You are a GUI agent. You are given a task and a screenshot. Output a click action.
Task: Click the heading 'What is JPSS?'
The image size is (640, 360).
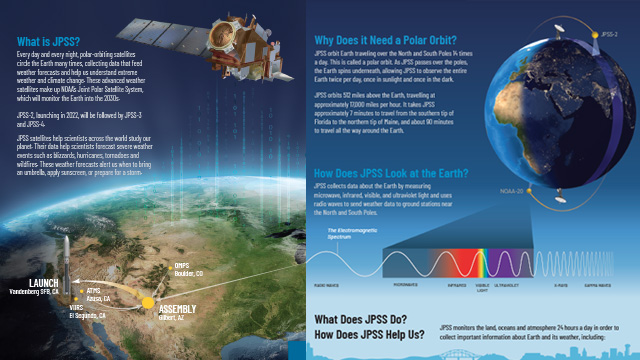coord(47,43)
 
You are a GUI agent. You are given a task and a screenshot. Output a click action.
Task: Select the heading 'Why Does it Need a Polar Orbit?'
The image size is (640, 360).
coord(385,43)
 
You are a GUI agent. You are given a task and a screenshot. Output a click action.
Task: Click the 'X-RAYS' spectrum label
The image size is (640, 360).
coord(562,284)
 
